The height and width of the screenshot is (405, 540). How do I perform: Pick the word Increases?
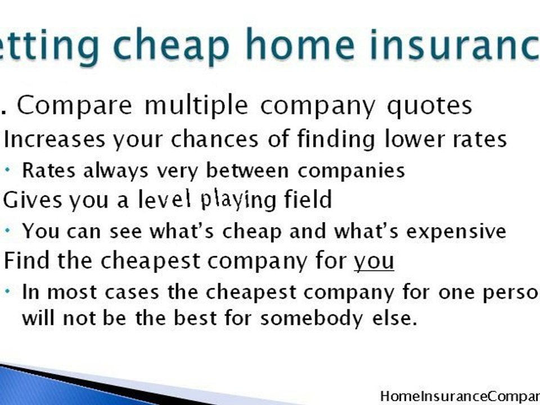(55, 139)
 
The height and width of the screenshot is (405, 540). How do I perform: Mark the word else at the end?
(397, 318)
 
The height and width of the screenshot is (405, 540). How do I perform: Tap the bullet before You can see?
(10, 230)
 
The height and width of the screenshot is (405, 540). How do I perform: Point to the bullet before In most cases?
(10, 291)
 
